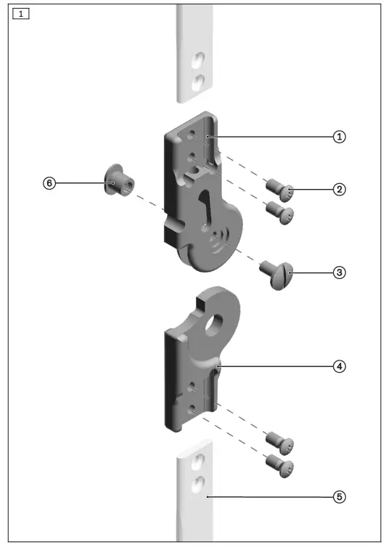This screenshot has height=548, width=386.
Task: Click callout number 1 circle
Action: pyautogui.click(x=338, y=137)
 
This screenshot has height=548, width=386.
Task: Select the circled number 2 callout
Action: pyautogui.click(x=338, y=190)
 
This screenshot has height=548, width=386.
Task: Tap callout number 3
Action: pyautogui.click(x=338, y=273)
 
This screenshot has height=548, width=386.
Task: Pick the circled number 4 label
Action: pyautogui.click(x=338, y=366)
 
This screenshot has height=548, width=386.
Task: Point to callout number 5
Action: pyautogui.click(x=338, y=497)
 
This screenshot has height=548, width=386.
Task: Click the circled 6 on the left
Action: pyautogui.click(x=49, y=184)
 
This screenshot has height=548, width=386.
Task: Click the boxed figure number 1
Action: pyautogui.click(x=22, y=14)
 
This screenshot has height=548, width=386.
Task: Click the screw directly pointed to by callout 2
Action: pyautogui.click(x=280, y=192)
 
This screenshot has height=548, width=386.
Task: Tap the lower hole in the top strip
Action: pyautogui.click(x=197, y=81)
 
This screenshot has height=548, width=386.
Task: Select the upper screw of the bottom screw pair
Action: pyautogui.click(x=279, y=441)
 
